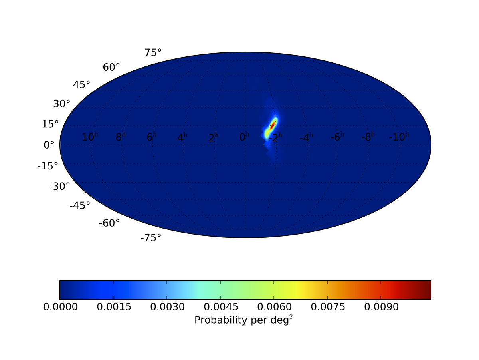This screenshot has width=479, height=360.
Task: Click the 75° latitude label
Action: pos(153,52)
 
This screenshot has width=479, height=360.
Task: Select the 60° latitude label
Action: pos(111,67)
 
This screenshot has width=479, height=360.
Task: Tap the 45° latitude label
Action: pos(81,85)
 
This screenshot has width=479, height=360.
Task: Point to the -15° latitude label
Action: pos(48,166)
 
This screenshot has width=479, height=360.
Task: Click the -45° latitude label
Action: pos(80,205)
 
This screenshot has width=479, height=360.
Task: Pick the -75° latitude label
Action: pos(151,238)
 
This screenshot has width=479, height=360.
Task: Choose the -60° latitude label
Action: pos(109,223)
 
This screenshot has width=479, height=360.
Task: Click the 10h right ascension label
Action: pos(90,137)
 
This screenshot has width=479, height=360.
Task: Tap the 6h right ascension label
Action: pos(151,137)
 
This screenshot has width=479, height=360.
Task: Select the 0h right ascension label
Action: pos(244,137)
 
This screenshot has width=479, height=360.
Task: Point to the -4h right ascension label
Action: pos(306,137)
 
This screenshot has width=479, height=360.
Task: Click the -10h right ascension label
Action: pos(399,137)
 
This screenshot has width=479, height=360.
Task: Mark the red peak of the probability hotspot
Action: pos(273,125)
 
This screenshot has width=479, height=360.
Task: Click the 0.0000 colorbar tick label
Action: pos(60,307)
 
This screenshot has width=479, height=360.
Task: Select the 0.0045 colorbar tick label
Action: pos(221,307)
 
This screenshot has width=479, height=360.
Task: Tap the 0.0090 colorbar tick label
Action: pos(381,307)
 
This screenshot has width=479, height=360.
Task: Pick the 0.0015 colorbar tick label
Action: pos(114,307)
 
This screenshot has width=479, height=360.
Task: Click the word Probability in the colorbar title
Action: pos(221,320)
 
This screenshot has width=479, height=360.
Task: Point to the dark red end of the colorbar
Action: pos(428,290)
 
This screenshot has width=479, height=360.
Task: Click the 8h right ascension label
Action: pos(121,137)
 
